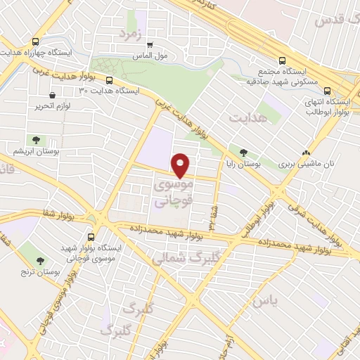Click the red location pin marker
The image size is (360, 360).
[181, 165]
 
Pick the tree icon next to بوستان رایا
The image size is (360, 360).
[243, 151]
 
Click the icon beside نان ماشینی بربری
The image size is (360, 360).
[305, 151]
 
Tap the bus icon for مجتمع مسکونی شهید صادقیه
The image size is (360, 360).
[283, 60]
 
